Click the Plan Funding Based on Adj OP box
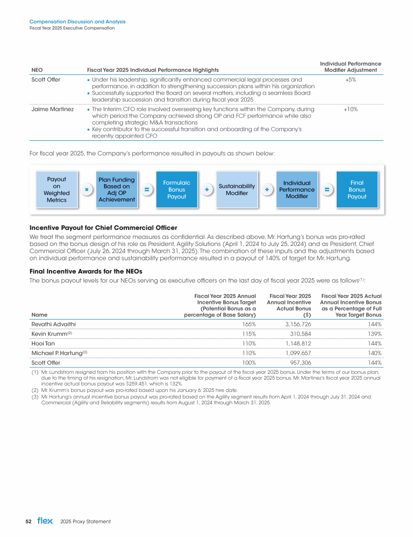pos(116,190)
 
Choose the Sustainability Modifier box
pos(237,190)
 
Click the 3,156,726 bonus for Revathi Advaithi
pos(297,324)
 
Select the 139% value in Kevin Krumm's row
pos(374,333)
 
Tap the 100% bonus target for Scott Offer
pos(247,362)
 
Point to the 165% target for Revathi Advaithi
pos(247,324)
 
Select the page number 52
pos(29,521)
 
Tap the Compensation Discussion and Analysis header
pos(77,22)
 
